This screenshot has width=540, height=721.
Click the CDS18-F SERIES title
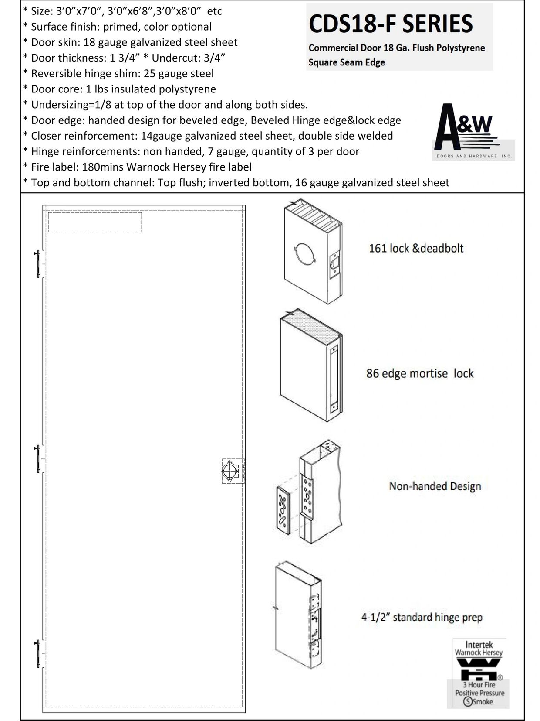click(x=391, y=24)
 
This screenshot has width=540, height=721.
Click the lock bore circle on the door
click(x=229, y=471)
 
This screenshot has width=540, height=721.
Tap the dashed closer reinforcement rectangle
click(x=94, y=222)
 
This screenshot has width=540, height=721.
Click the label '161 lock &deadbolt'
click(x=416, y=249)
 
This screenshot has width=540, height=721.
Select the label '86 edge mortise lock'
click(x=419, y=373)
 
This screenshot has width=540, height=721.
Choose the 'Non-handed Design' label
click(x=435, y=486)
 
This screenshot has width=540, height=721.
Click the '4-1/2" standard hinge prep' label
click(x=422, y=618)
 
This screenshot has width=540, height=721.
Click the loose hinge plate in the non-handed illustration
click(x=283, y=509)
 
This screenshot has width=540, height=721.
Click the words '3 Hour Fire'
click(x=479, y=685)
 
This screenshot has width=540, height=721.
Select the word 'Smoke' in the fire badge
click(x=483, y=702)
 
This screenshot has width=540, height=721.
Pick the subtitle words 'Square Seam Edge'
click(x=347, y=62)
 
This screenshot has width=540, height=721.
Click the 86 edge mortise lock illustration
click(x=310, y=366)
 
